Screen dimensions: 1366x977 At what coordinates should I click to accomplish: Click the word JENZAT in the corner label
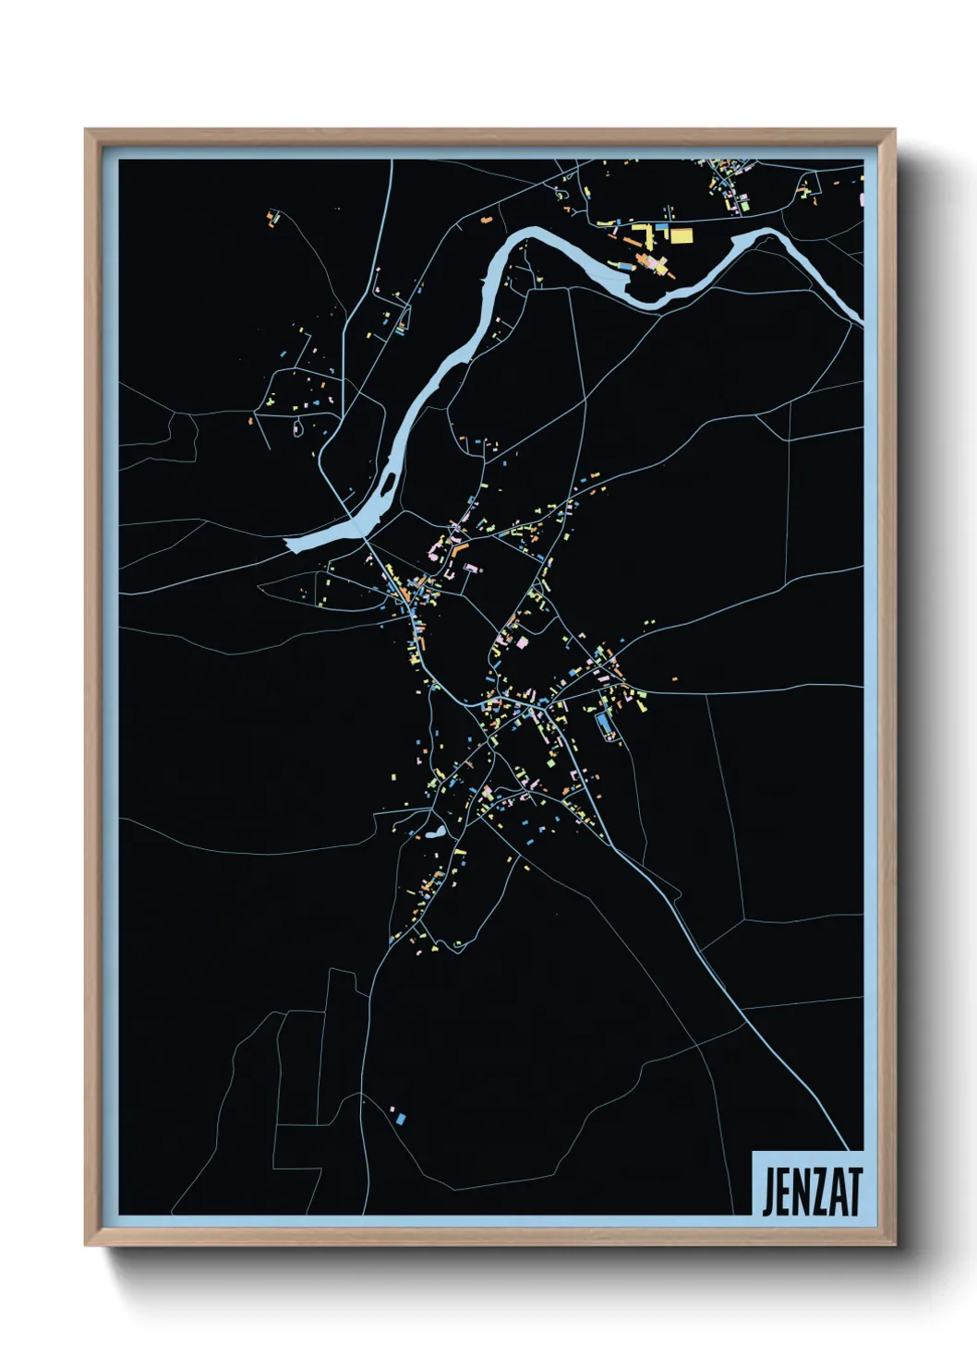point(812,1192)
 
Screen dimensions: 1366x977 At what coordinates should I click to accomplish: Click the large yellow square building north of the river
point(681,234)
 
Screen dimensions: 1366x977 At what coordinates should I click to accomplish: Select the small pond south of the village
point(433,833)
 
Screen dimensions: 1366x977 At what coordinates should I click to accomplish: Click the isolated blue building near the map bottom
point(401,1119)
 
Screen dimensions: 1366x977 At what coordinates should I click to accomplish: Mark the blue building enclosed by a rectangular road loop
point(606,725)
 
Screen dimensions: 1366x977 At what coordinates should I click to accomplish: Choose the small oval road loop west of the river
point(298,427)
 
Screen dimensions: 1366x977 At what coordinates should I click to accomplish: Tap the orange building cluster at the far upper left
point(271,219)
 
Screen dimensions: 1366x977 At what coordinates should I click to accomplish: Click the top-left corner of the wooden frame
point(88,132)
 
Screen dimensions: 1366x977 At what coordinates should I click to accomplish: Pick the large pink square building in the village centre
point(522,641)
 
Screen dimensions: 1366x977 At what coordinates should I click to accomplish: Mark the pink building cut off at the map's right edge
point(862,198)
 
